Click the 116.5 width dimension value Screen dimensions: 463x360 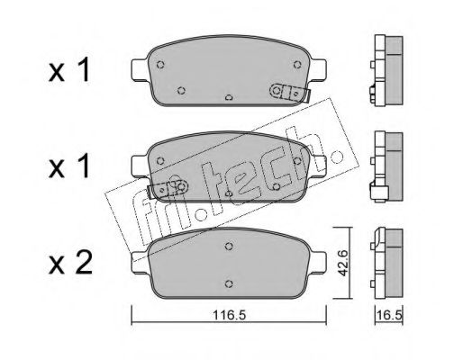[x=229, y=315]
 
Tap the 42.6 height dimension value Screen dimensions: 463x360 [x=341, y=263]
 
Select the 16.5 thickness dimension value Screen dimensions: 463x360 [x=389, y=315]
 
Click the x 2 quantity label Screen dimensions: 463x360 [x=70, y=263]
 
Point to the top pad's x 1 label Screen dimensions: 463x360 [x=69, y=70]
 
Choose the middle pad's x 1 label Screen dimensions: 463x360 [x=69, y=166]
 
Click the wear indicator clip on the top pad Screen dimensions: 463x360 [x=290, y=93]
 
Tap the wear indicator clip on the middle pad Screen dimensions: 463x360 [x=168, y=189]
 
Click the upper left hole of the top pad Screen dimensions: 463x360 [x=160, y=65]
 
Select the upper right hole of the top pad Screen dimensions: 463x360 [x=297, y=65]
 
